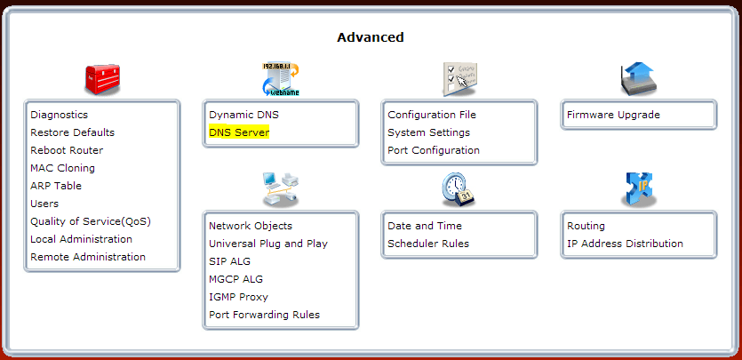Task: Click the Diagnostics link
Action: [60, 115]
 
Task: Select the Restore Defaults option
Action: [72, 132]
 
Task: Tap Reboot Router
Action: [67, 150]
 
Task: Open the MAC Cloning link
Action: [62, 168]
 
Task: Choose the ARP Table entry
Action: [56, 186]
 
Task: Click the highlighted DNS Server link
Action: [239, 132]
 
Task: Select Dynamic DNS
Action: [243, 115]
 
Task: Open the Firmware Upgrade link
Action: [613, 115]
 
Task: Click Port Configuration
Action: [434, 150]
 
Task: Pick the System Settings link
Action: [428, 132]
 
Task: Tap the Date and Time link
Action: [425, 226]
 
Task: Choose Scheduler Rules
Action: [428, 244]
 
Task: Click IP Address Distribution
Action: [625, 244]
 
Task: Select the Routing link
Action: [586, 226]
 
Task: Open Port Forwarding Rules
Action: [265, 315]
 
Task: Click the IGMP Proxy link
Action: [238, 297]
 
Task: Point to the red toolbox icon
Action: [102, 80]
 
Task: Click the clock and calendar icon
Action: [459, 190]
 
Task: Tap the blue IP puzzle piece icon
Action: [638, 189]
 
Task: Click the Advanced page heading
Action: [371, 37]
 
